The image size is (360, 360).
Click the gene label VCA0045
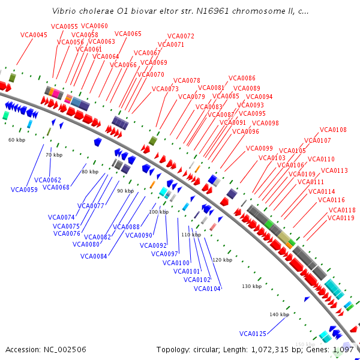(x=34, y=35)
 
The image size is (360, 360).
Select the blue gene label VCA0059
(x=24, y=190)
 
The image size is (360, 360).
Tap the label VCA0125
(x=253, y=334)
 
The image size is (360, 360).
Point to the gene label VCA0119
(x=341, y=218)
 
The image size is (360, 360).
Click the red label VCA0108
(x=333, y=130)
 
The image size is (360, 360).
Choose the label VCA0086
(x=242, y=78)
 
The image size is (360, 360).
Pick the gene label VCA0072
(x=181, y=37)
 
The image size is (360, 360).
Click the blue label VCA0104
(x=208, y=289)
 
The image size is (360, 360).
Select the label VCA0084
(x=93, y=257)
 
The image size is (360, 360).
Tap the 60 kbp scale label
(x=17, y=140)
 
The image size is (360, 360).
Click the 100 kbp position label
(x=159, y=212)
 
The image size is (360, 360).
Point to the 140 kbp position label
(x=279, y=314)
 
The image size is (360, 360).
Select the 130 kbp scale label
(x=251, y=286)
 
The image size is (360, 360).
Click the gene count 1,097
(x=343, y=349)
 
